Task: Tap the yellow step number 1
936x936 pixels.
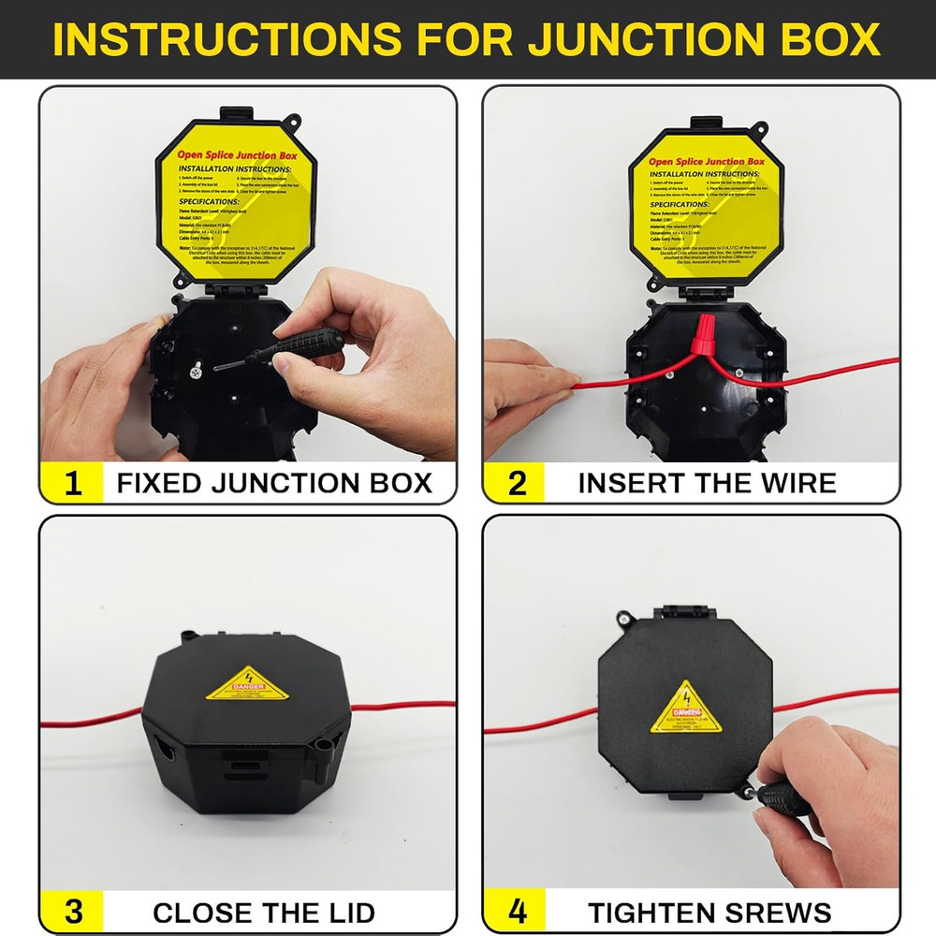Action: pos(71,484)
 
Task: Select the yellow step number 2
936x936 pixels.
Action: pos(516,484)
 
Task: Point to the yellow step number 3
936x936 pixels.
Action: pos(71,913)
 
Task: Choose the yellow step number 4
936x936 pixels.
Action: pos(516,913)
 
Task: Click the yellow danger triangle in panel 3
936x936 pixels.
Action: pos(247,685)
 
